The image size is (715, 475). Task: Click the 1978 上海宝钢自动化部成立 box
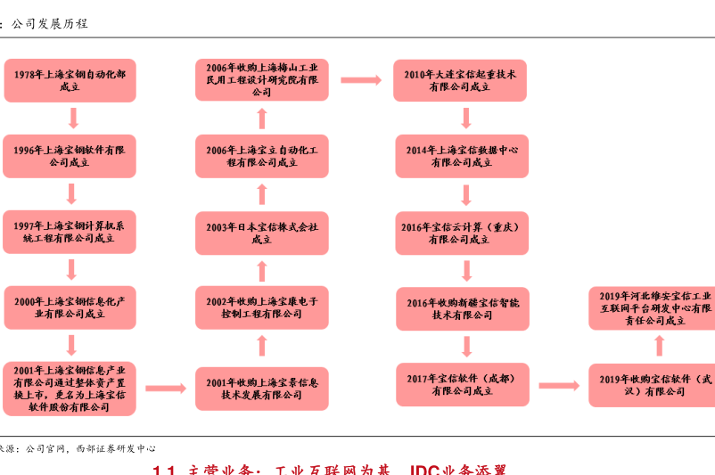point(70,80)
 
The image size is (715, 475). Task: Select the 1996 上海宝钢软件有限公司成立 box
point(70,156)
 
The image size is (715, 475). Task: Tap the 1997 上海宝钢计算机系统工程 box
point(70,232)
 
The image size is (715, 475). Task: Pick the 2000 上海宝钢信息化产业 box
point(70,307)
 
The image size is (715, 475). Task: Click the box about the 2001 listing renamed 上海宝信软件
point(70,389)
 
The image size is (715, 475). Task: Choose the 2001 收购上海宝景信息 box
point(262,389)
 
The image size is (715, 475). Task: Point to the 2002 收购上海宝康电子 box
point(262,307)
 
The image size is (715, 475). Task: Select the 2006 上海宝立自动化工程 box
point(262,156)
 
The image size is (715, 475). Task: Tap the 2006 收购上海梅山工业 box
point(262,80)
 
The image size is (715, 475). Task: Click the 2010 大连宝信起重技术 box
point(460,80)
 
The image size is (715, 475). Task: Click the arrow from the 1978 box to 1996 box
point(73,118)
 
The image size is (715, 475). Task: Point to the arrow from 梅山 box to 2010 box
point(360,80)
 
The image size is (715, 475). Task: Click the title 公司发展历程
point(49,24)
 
